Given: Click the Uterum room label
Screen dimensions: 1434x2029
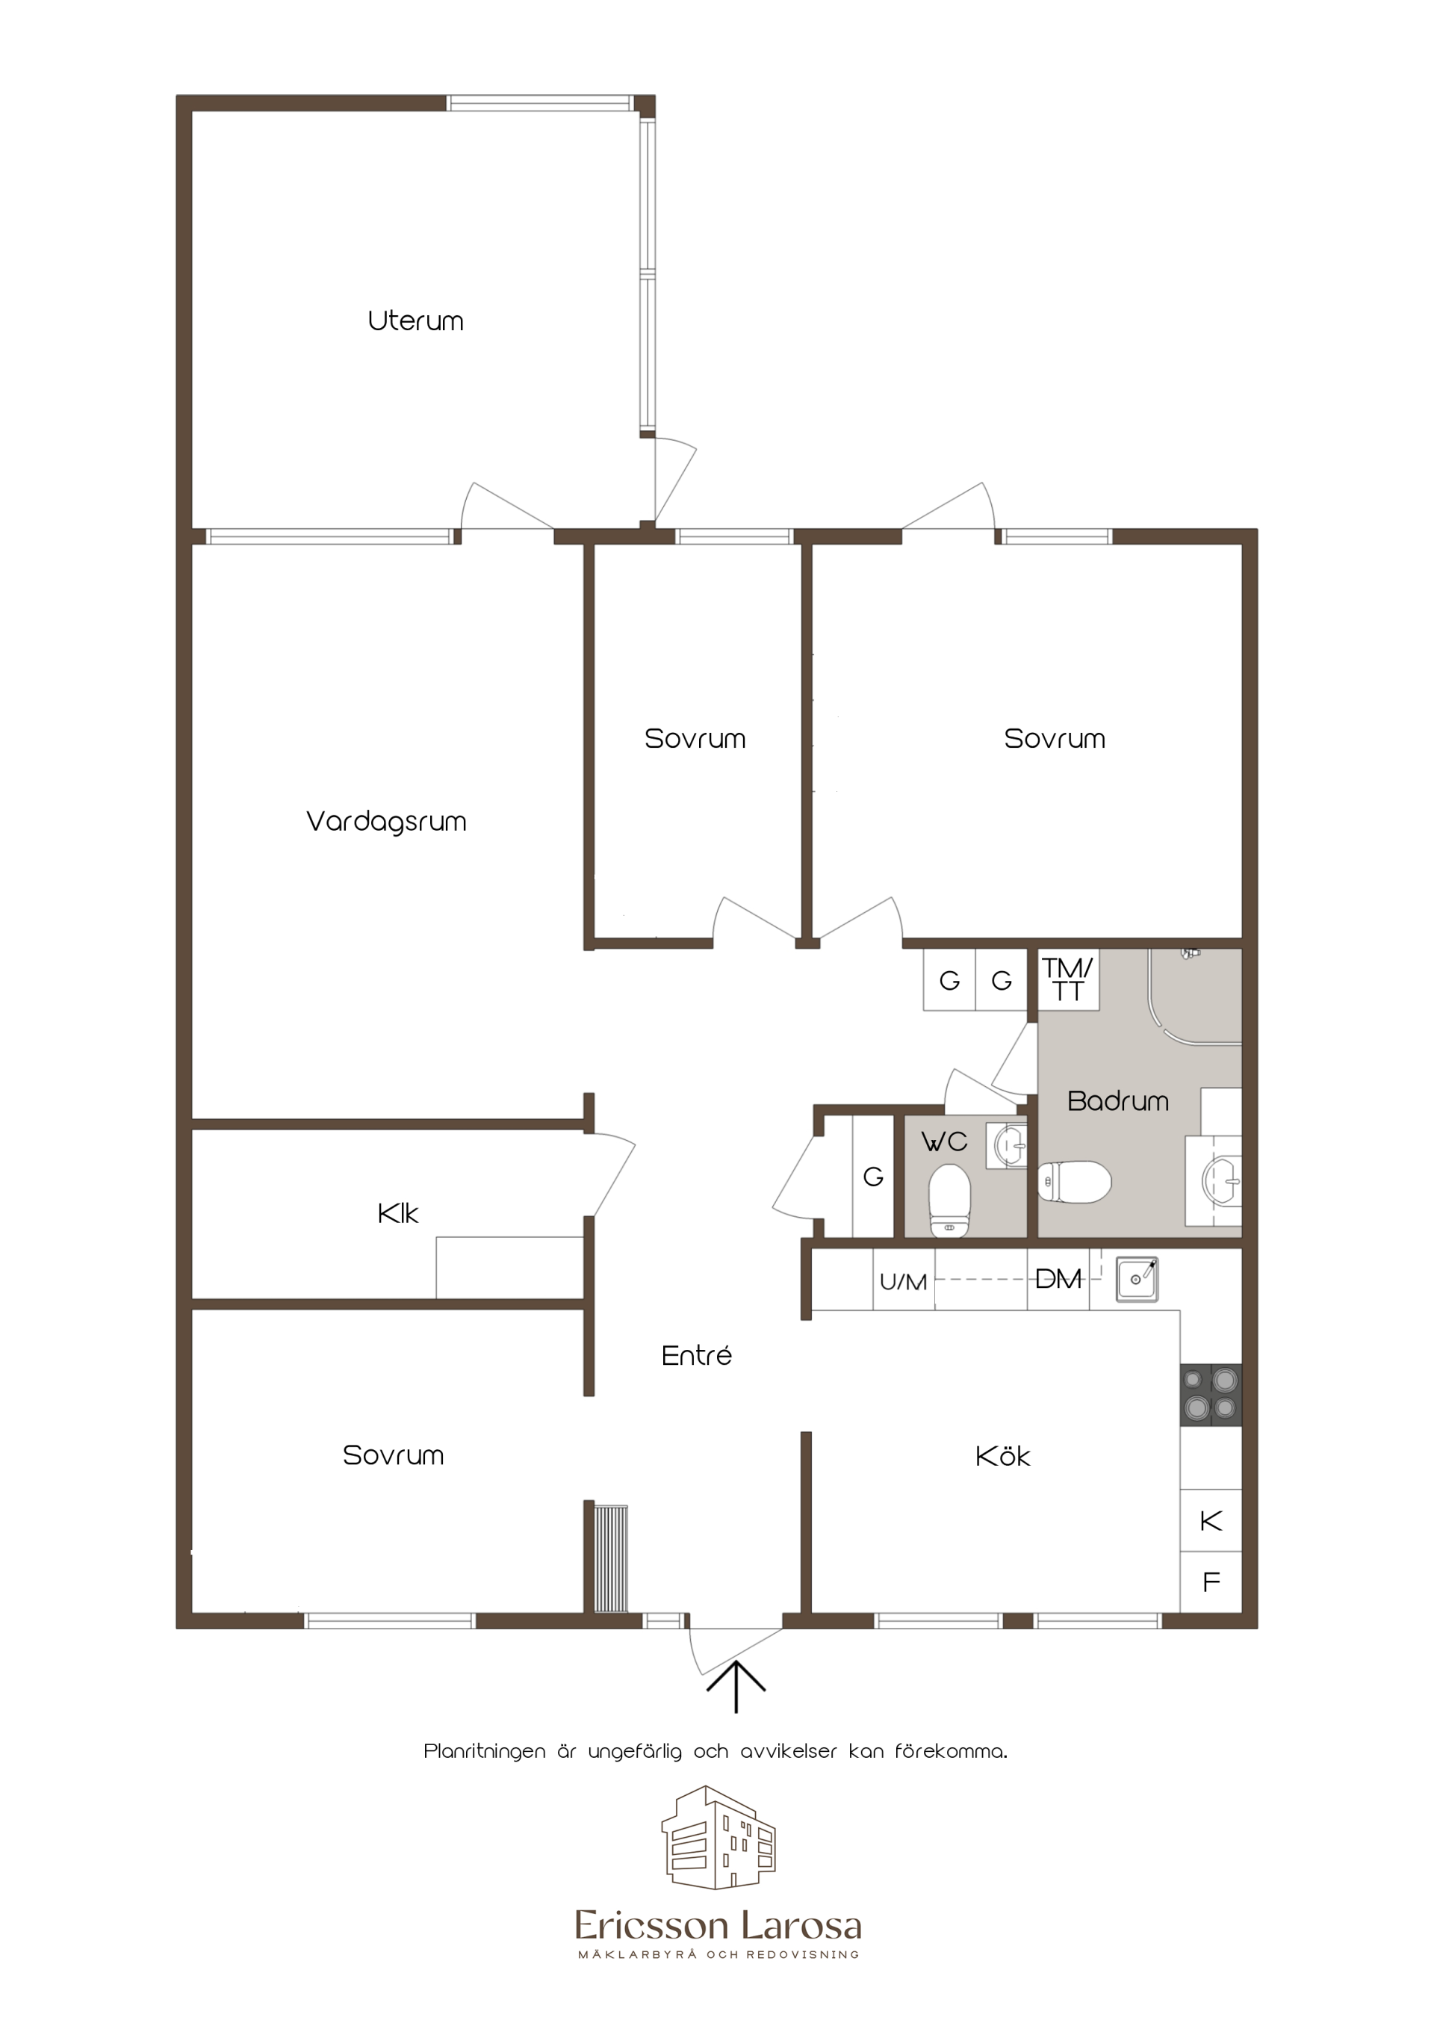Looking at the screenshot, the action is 415,320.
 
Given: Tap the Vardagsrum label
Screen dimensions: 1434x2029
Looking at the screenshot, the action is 386,822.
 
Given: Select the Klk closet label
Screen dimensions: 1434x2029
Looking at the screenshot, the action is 397,1213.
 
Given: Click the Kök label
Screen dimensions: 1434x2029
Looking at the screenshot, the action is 1003,1455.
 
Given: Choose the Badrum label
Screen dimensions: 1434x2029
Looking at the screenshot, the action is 1117,1101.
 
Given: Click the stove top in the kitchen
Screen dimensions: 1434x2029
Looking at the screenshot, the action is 1211,1395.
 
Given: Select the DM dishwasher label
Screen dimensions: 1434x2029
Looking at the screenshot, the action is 1058,1279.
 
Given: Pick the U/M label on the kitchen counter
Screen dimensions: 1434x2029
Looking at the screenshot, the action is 904,1281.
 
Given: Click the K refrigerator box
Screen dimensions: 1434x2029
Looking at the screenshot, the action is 1211,1521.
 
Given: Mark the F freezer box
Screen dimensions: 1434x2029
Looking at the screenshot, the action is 1211,1582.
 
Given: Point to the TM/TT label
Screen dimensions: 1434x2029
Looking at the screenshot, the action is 1068,979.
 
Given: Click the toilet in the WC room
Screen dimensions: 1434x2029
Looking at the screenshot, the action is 950,1199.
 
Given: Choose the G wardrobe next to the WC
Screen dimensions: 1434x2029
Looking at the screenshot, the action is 873,1176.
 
